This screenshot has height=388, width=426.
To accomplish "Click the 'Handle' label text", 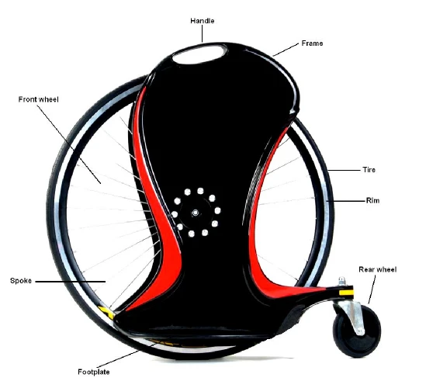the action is [x=202, y=21].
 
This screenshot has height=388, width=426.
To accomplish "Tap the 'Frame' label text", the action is [x=312, y=43].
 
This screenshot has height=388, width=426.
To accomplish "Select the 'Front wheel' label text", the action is [x=38, y=99].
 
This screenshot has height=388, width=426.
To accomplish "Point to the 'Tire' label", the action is [x=369, y=170].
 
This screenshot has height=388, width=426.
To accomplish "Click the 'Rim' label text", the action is [x=372, y=200].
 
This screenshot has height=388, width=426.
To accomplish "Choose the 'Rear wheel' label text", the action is [x=378, y=269].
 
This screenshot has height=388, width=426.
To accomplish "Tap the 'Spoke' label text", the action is [x=21, y=281].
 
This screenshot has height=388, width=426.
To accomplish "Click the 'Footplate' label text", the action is [x=94, y=372].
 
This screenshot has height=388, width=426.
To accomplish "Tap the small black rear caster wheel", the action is [x=356, y=330].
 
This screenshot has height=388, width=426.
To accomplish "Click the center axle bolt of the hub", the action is [x=195, y=213].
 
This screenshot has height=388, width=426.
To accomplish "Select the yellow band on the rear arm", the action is [x=346, y=293].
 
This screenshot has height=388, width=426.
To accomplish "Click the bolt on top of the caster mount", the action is [x=341, y=281].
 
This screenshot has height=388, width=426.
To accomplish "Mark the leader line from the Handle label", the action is [x=202, y=34].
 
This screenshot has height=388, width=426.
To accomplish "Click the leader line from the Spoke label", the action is [x=71, y=282].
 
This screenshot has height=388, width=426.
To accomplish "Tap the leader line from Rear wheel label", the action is [x=372, y=289].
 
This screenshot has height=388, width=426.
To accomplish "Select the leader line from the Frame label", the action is [x=286, y=50].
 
